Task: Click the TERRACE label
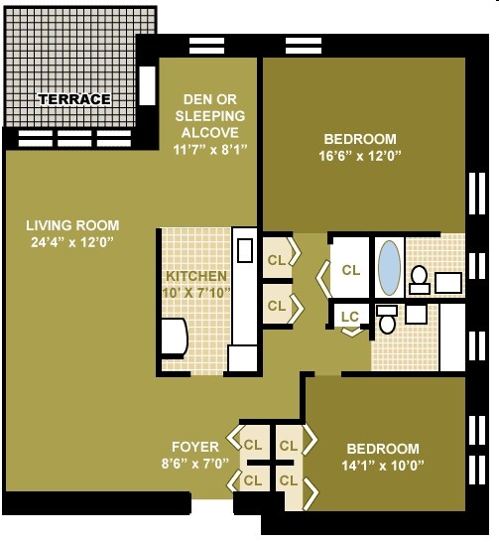[74, 99]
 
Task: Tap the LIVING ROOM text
[72, 224]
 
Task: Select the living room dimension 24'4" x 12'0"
[72, 241]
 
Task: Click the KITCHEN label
[196, 275]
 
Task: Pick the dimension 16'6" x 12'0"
[360, 156]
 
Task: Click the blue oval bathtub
[389, 266]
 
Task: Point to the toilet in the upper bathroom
[419, 276]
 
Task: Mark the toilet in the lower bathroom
[388, 321]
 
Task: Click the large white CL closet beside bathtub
[350, 268]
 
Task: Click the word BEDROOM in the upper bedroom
[360, 139]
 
